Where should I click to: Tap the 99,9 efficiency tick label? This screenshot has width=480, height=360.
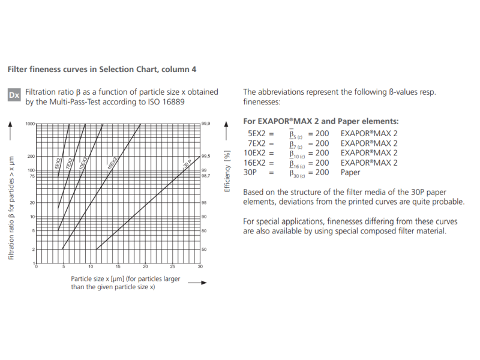206,124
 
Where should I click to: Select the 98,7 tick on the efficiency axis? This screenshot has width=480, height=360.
205,176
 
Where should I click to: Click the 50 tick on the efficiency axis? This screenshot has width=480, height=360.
204,249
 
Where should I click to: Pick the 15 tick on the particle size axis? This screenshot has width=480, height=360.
118,267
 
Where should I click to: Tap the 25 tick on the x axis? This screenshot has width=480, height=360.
173,267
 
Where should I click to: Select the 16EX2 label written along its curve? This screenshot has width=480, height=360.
112,163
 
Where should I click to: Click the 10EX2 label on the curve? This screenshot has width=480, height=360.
84,163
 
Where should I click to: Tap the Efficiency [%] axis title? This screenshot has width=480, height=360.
227,171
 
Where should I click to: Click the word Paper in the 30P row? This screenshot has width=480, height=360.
350,172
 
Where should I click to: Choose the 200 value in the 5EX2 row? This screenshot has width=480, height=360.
322,134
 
